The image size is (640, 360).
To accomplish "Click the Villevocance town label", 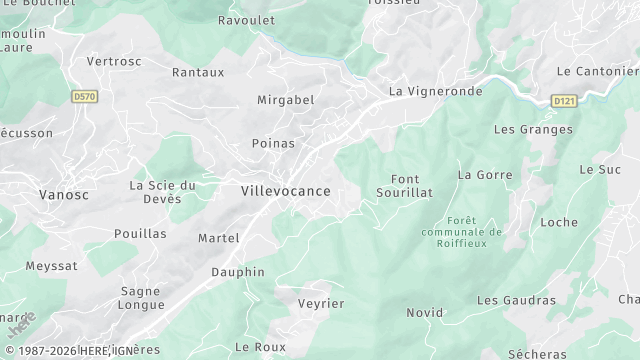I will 285,190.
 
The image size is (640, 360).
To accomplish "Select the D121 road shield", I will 565,101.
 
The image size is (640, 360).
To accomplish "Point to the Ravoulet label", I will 246,19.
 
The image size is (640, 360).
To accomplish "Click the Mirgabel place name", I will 285,100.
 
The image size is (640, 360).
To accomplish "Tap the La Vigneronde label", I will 435,91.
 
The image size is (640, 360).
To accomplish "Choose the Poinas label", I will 273,143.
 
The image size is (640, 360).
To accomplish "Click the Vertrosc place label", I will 113,61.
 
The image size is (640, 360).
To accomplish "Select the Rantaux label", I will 198,72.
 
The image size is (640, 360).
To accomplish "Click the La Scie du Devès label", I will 162,192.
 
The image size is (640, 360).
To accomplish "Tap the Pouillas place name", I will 140,233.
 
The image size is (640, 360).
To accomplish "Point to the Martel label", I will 218,238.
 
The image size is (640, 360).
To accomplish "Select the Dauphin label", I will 238,272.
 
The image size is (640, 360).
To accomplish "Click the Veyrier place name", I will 321,303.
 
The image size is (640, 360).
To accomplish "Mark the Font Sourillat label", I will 404,185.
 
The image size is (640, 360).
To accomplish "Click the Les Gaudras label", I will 516,300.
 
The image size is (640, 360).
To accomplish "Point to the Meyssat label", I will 51,266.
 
